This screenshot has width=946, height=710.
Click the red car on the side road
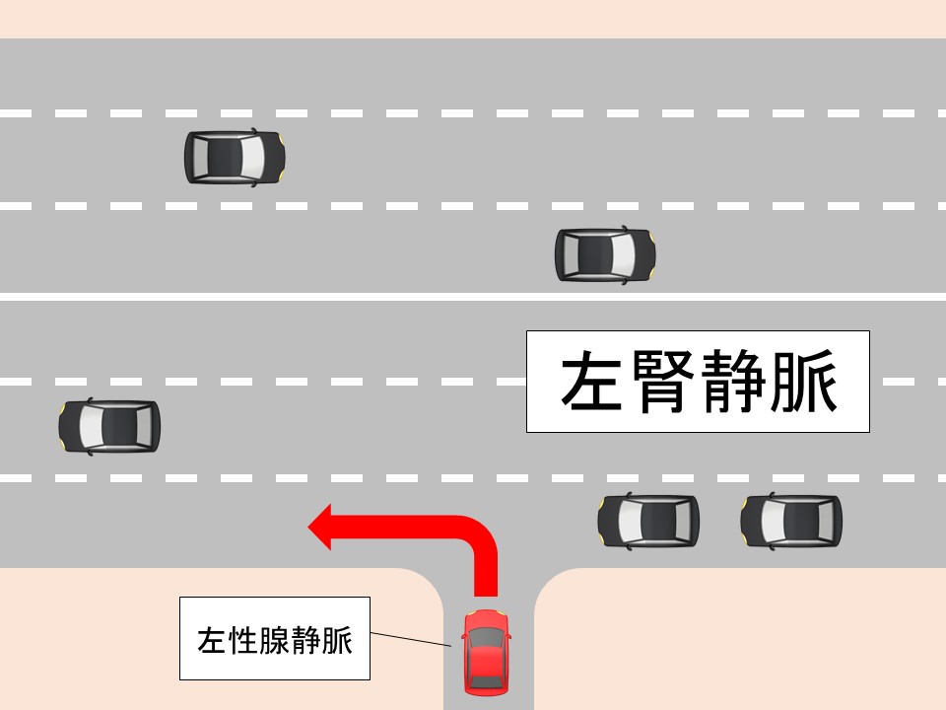(486, 653)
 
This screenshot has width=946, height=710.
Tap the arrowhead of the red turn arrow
(319, 527)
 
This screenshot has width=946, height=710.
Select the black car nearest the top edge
(235, 157)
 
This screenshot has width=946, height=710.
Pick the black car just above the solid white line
(605, 254)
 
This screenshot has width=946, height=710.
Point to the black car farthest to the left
(109, 426)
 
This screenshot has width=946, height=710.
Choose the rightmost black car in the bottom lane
(791, 522)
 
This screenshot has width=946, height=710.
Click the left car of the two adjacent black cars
(648, 522)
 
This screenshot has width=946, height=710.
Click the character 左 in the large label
(592, 382)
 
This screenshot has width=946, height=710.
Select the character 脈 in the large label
(804, 382)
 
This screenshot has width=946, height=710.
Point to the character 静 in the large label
(733, 382)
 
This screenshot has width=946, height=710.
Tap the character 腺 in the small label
(275, 640)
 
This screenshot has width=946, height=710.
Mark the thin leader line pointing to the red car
(410, 639)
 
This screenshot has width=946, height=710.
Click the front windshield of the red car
(486, 638)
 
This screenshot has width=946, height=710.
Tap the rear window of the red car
(486, 681)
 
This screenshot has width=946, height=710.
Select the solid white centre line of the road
(473, 297)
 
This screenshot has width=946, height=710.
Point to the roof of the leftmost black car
(119, 426)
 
